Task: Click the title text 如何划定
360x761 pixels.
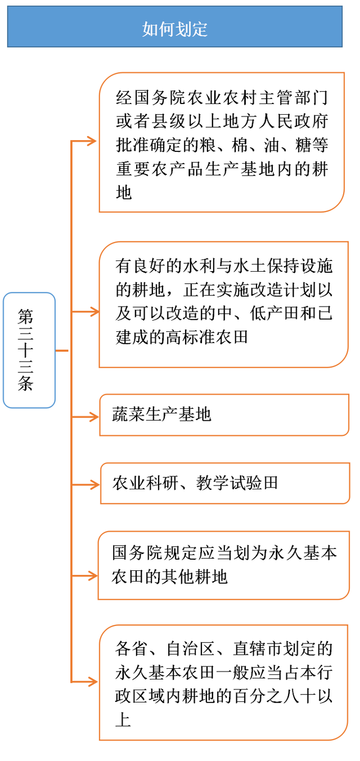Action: pyautogui.click(x=175, y=29)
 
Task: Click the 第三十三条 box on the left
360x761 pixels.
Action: pyautogui.click(x=29, y=350)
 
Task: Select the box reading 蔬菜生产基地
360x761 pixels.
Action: pyautogui.click(x=224, y=415)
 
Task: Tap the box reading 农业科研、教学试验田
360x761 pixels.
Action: pyautogui.click(x=225, y=483)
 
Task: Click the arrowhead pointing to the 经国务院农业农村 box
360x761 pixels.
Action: pyautogui.click(x=92, y=141)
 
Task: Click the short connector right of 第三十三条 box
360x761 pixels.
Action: pyautogui.click(x=62, y=350)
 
